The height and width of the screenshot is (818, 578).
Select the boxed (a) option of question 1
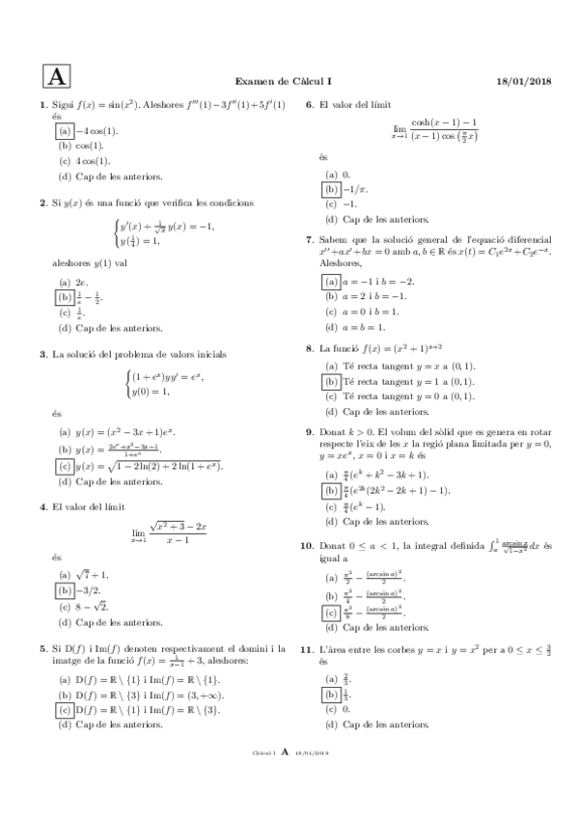tap(65, 131)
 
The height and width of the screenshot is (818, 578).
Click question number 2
tap(43, 203)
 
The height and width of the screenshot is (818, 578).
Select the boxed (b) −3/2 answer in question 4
tap(65, 562)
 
